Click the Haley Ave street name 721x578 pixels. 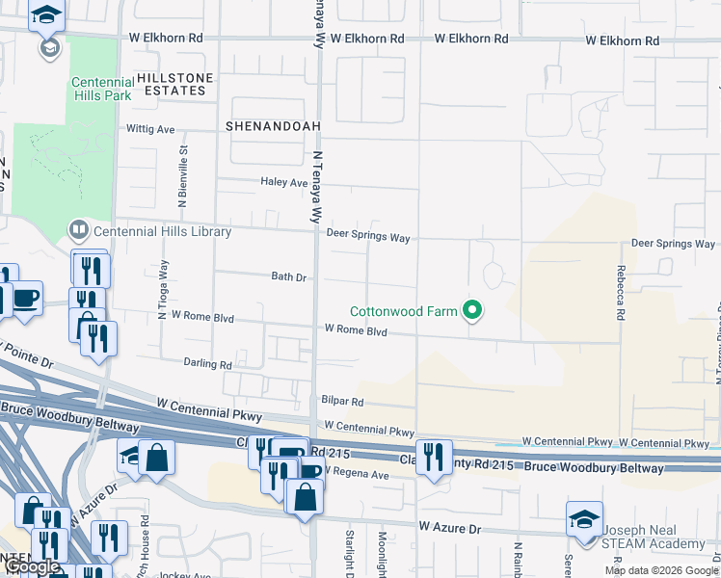(283, 182)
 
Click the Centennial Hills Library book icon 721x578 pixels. (77, 230)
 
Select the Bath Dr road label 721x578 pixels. (288, 276)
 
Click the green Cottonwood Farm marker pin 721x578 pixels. (472, 310)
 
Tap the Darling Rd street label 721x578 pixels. (208, 365)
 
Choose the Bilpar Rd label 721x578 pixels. (342, 402)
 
